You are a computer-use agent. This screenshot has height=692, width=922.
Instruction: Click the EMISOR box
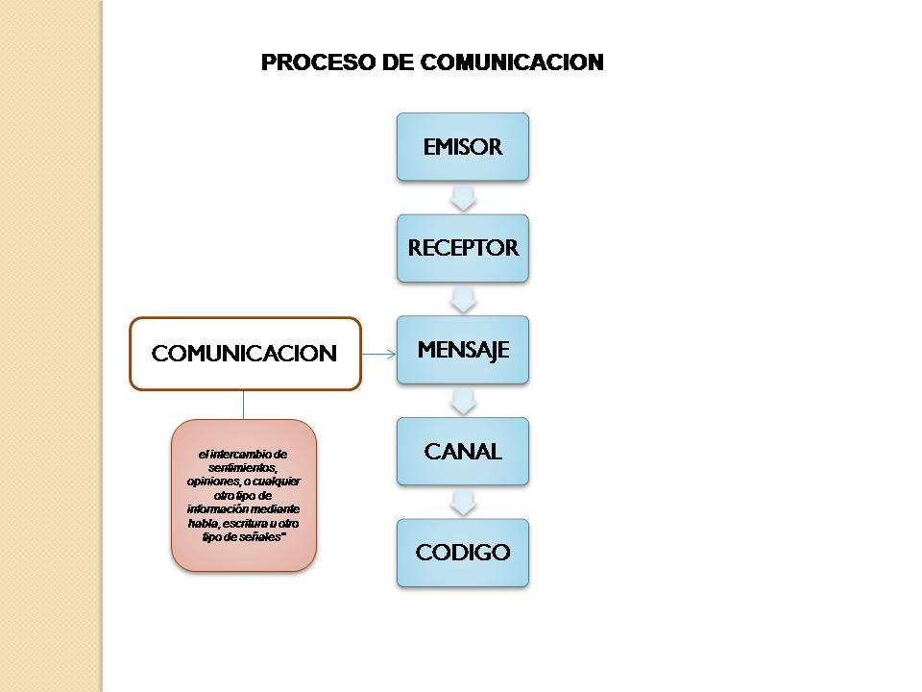(463, 147)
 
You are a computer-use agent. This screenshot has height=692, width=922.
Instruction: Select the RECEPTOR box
(463, 248)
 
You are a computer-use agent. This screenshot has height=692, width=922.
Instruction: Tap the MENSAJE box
(463, 350)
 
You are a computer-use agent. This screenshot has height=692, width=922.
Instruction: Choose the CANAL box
(463, 451)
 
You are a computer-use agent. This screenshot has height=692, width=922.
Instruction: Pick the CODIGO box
(463, 553)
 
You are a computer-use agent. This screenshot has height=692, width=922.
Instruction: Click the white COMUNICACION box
(245, 354)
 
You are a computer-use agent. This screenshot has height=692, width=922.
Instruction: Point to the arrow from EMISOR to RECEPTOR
(463, 198)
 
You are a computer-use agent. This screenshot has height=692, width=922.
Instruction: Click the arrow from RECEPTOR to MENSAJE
(463, 299)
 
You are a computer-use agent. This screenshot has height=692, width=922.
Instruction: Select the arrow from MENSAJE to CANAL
(463, 401)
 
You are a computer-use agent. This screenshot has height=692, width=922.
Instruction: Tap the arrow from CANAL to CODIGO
(463, 502)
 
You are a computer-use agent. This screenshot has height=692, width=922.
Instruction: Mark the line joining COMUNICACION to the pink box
(244, 405)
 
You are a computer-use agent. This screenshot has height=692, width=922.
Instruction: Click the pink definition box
(244, 496)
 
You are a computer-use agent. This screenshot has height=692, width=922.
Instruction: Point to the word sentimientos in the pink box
(243, 467)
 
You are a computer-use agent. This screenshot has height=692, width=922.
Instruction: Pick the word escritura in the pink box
(251, 524)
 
